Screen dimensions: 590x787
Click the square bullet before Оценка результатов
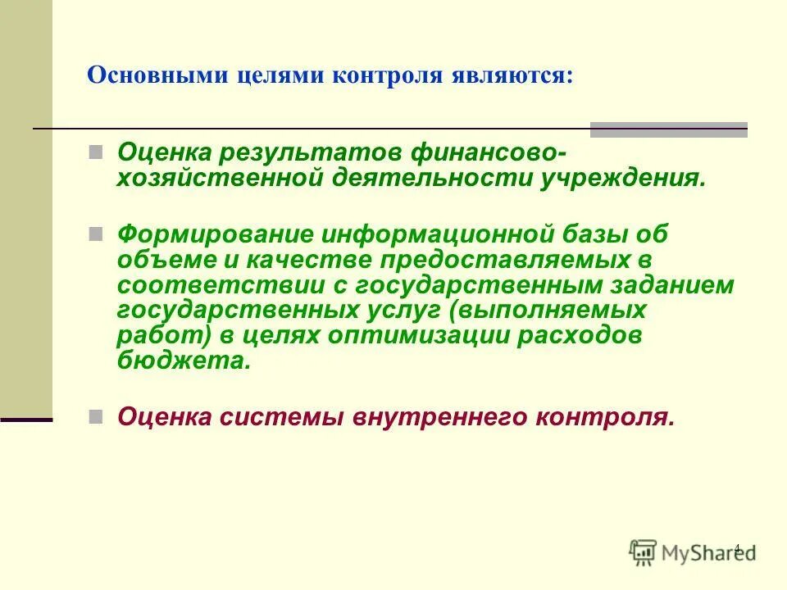[x=95, y=152]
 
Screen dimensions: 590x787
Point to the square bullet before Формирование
[x=95, y=234]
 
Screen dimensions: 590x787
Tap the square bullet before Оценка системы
[x=95, y=416]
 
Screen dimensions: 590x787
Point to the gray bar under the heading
[x=668, y=129]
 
